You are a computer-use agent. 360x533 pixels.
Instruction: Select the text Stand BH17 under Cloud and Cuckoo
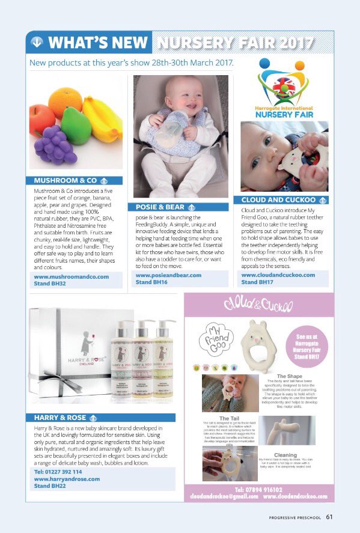[257, 281]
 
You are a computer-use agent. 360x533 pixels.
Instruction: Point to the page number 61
[330, 516]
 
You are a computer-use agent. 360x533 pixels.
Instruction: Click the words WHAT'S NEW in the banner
[97, 42]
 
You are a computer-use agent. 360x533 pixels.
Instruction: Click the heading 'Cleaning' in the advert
[284, 455]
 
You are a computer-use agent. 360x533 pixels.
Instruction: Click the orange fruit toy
[65, 100]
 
